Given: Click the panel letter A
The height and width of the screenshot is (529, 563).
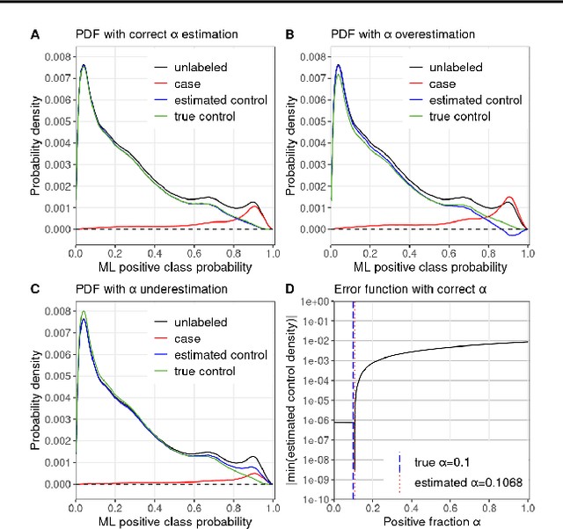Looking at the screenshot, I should pyautogui.click(x=34, y=34).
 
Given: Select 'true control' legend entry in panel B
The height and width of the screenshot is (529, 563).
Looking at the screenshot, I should pyautogui.click(x=457, y=117).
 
